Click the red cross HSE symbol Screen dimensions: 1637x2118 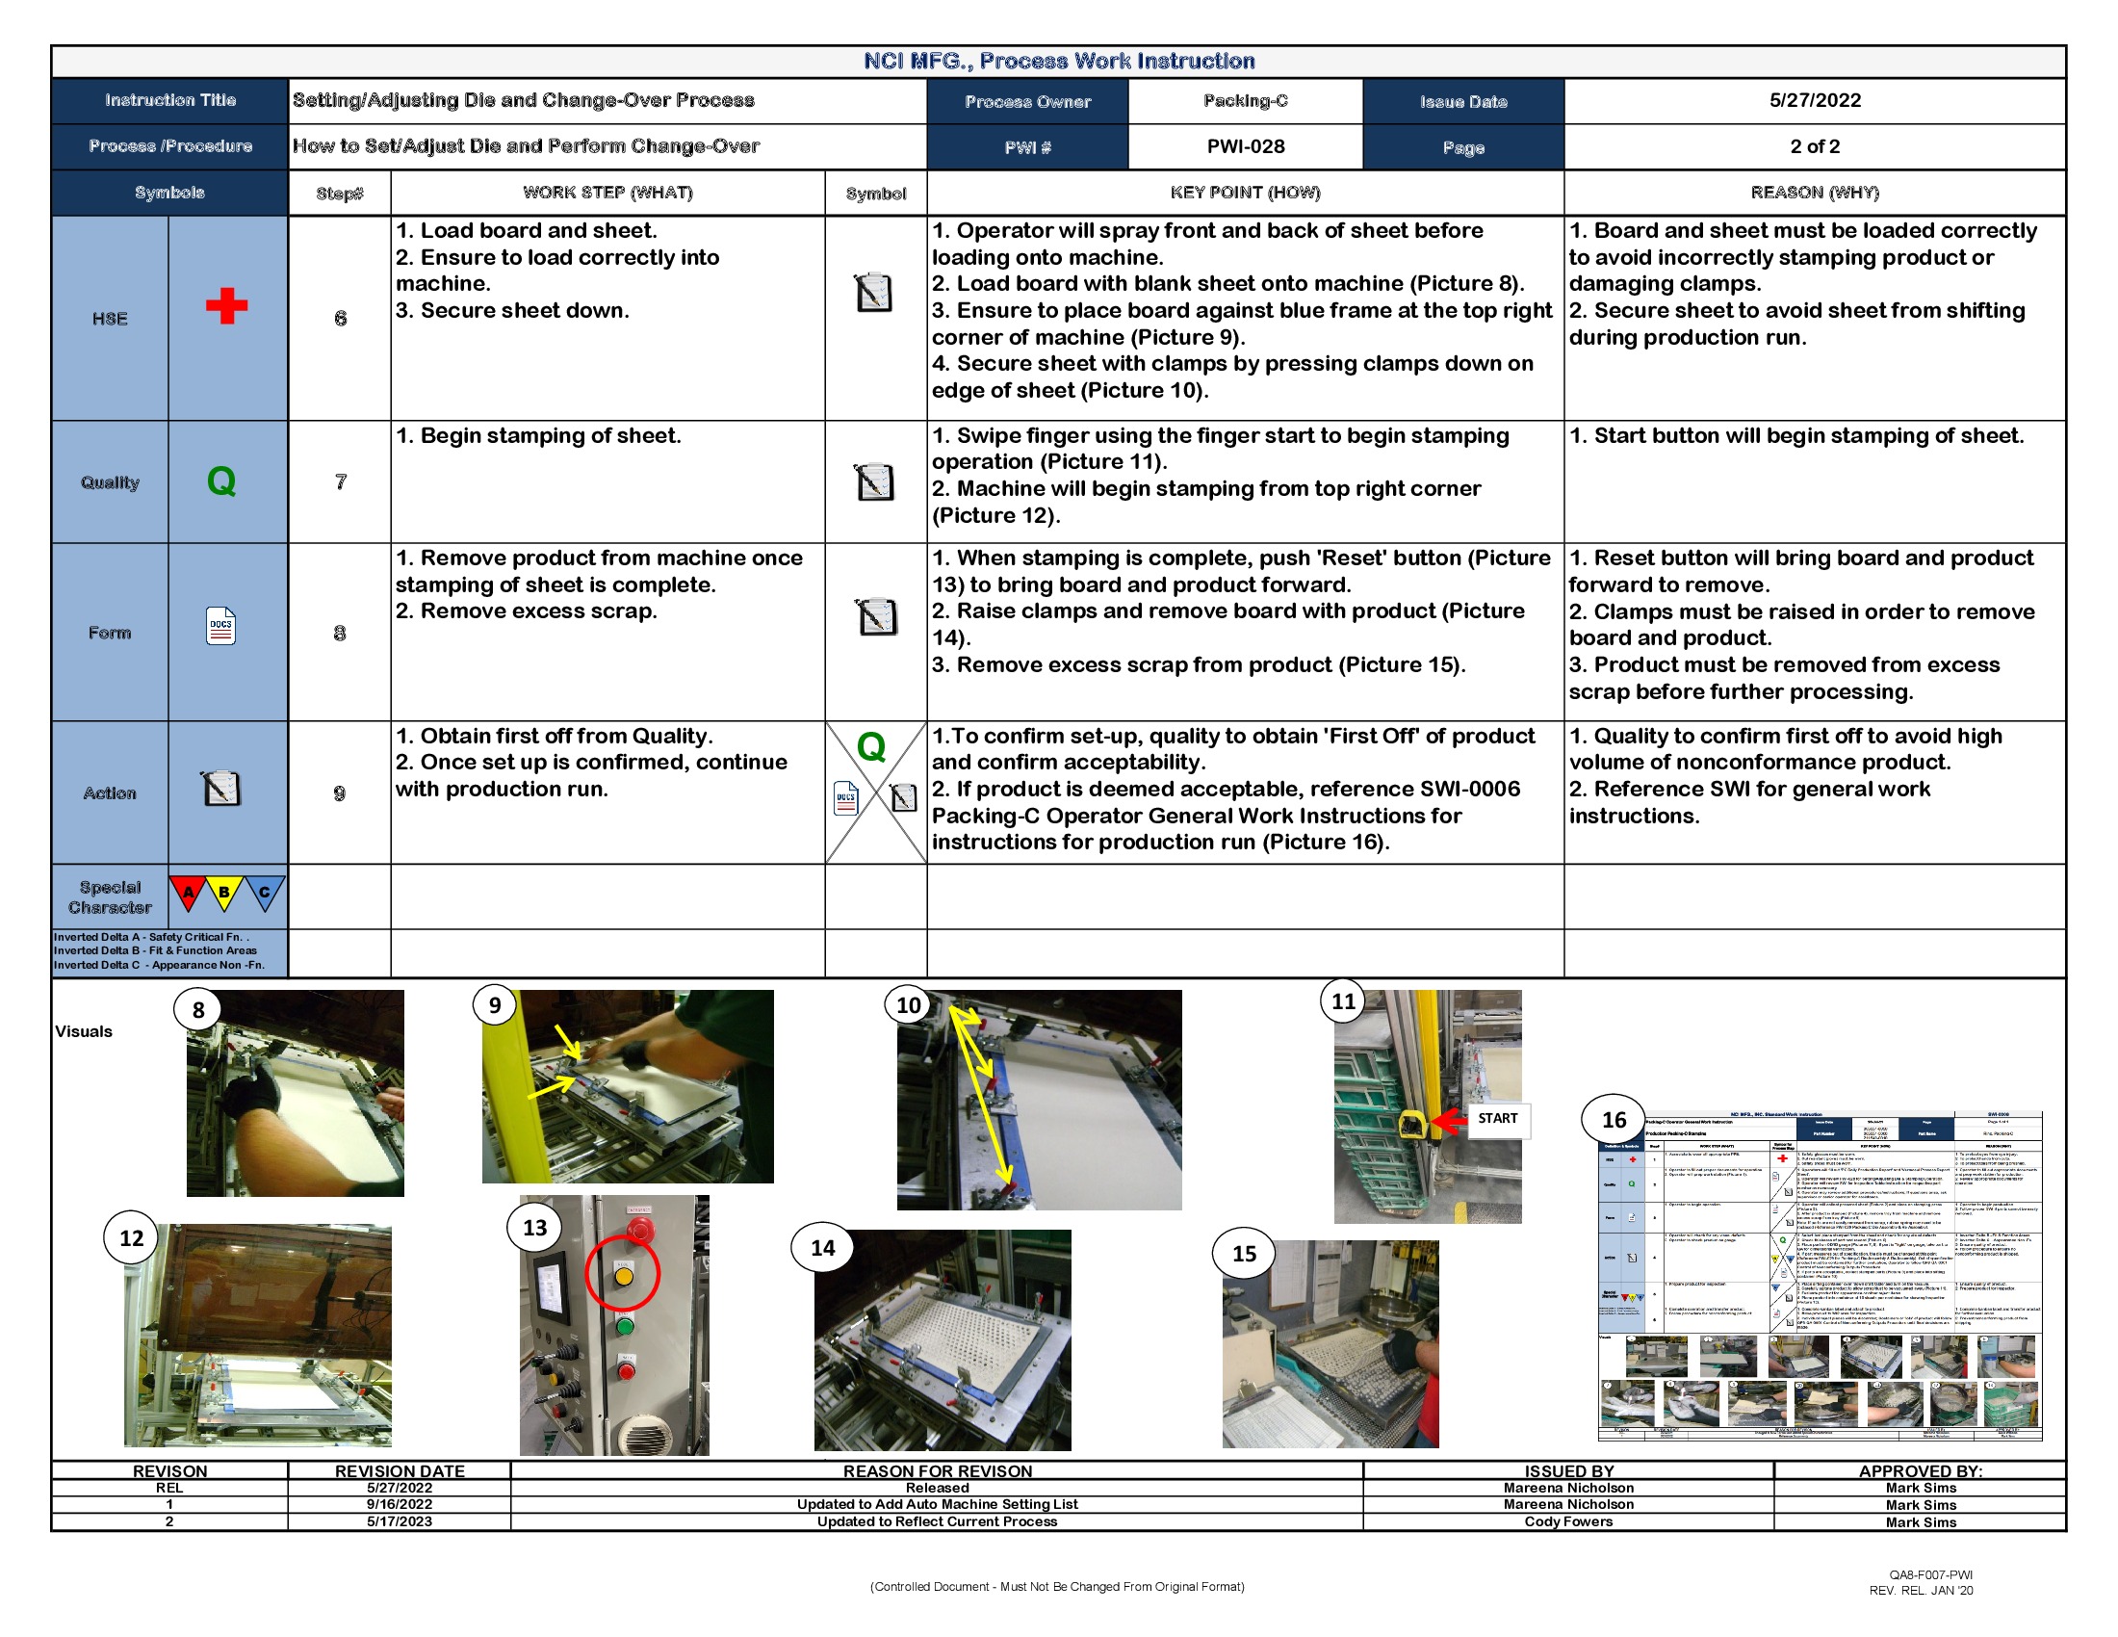[x=226, y=305]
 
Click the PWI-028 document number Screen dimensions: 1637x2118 [x=1245, y=146]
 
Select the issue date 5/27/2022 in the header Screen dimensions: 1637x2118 [x=1815, y=100]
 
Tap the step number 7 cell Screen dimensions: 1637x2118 [x=340, y=481]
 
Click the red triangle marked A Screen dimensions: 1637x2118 [x=189, y=892]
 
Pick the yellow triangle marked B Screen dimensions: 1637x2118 [x=225, y=892]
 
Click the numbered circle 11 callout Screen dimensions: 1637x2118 [x=1343, y=1000]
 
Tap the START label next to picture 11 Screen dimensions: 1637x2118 [x=1496, y=1118]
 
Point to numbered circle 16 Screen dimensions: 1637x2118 [x=1613, y=1120]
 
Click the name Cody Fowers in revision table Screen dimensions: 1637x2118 [x=1568, y=1521]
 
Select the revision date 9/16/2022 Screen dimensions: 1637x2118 [x=399, y=1504]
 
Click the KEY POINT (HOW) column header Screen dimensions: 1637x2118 [x=1244, y=192]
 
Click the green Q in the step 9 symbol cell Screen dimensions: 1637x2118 [x=871, y=746]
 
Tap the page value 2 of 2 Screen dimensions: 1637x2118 [x=1815, y=146]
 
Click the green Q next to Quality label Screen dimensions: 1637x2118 [x=221, y=481]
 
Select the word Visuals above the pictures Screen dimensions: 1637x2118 [x=84, y=1031]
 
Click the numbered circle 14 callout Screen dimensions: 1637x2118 [x=822, y=1248]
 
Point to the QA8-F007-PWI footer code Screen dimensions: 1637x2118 [x=1930, y=1575]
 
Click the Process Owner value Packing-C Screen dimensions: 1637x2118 [x=1245, y=100]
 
